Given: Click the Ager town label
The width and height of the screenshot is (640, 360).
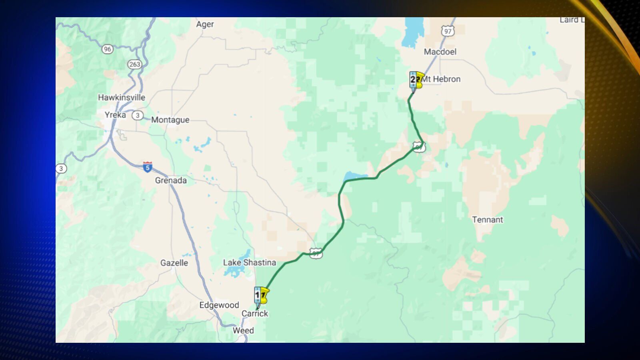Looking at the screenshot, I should click(x=205, y=24).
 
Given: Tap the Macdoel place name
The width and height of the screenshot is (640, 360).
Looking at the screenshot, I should click(x=440, y=52).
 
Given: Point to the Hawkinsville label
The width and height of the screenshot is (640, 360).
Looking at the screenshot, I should click(x=122, y=97).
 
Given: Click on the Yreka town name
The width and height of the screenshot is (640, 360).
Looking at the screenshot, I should click(x=115, y=115).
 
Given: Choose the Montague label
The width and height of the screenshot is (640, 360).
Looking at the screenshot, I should click(x=170, y=120).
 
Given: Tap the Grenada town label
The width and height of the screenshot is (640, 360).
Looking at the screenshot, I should click(x=171, y=180).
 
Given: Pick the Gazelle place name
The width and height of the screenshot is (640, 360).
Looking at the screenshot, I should click(x=174, y=263).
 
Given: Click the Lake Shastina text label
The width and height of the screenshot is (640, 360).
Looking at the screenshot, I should click(x=250, y=262).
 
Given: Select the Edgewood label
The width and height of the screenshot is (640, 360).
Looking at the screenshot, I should click(x=219, y=305).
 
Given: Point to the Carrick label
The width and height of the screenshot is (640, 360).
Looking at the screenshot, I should click(x=255, y=314).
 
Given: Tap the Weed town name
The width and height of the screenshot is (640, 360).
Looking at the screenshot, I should click(x=243, y=330).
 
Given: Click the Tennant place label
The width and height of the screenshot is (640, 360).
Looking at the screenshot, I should click(x=487, y=220).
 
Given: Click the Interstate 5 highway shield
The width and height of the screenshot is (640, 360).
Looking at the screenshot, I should click(x=148, y=167).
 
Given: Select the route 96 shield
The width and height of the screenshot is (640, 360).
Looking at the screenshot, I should click(x=107, y=49).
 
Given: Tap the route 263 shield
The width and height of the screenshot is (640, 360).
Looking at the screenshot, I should click(x=134, y=64).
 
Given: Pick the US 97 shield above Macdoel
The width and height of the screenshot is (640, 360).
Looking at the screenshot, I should click(x=448, y=31).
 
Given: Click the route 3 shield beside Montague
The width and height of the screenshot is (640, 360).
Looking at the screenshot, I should click(x=138, y=115).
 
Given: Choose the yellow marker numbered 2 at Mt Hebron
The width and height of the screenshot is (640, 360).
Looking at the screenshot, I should click(x=416, y=80).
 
